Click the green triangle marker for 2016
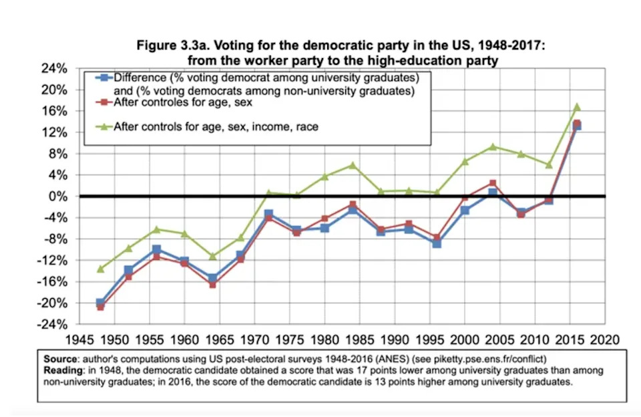pos(577,107)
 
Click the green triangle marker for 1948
pos(100,269)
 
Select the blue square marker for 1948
pos(100,303)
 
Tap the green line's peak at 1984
pos(353,165)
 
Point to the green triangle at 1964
pos(212,256)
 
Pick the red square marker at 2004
pos(492,183)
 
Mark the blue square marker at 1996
pos(436,244)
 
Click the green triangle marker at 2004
pos(492,146)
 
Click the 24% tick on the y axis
pos(56,69)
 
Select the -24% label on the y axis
pos(55,324)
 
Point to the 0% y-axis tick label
pos(59,196)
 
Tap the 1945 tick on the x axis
pos(86,338)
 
